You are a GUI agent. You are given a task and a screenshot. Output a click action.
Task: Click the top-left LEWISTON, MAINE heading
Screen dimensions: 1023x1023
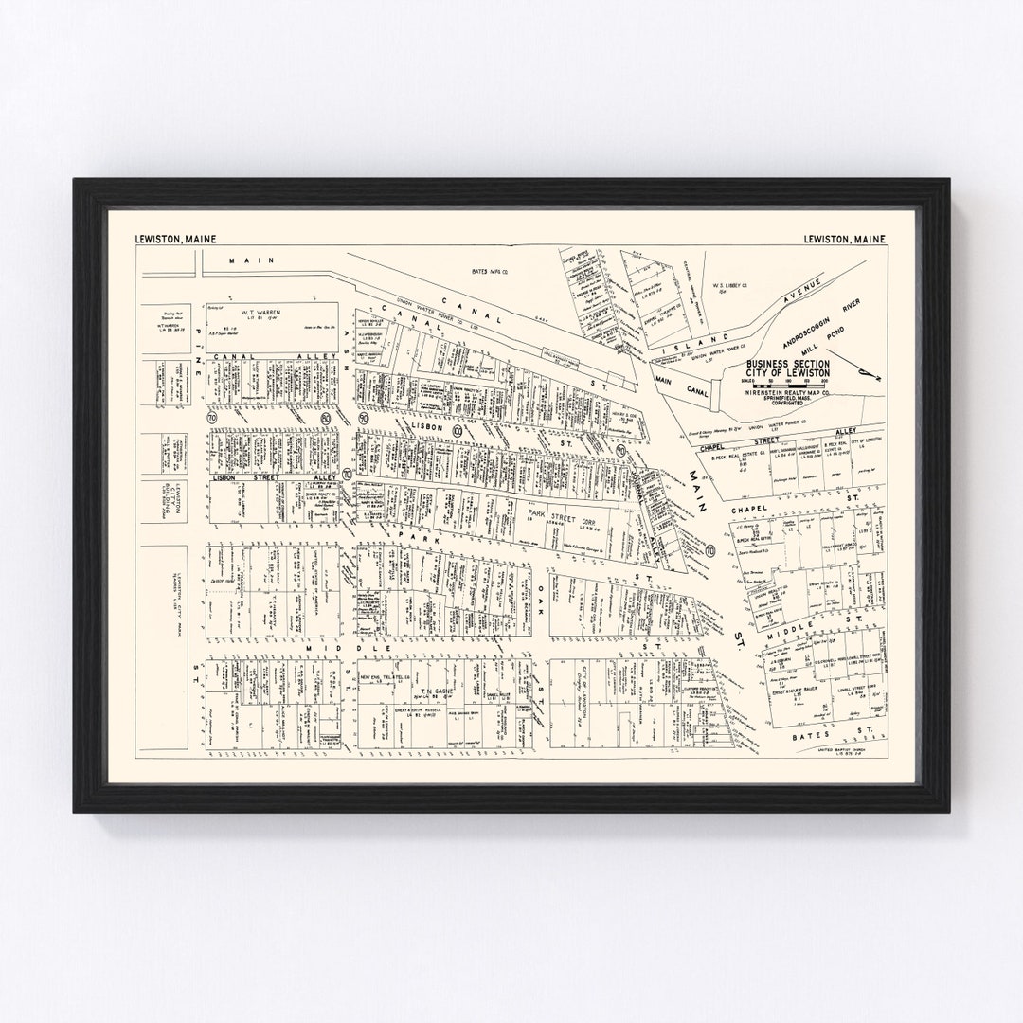point(177,239)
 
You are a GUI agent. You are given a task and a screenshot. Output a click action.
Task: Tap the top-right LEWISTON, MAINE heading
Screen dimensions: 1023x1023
point(844,239)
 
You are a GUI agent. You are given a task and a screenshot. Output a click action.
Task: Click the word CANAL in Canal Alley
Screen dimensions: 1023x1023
point(230,357)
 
